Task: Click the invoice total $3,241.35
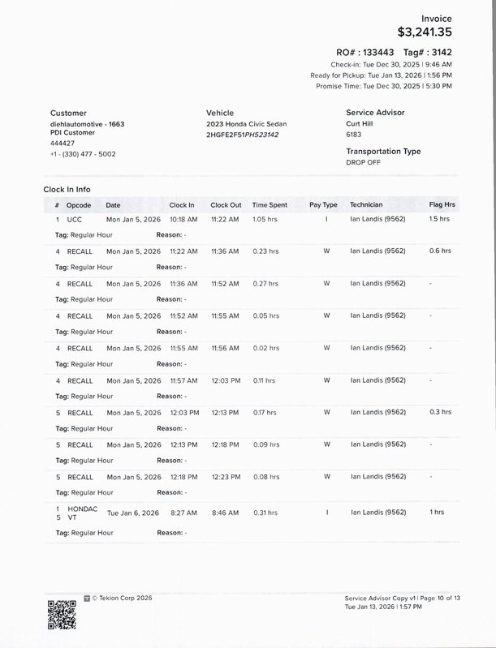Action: pyautogui.click(x=425, y=32)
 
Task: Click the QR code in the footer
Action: pyautogui.click(x=62, y=613)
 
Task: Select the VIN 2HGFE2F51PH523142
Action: pyautogui.click(x=242, y=135)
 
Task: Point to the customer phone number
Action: pyautogui.click(x=83, y=153)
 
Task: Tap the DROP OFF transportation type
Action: pyautogui.click(x=363, y=162)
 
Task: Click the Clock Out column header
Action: pyautogui.click(x=226, y=205)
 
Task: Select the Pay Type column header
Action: pyautogui.click(x=323, y=205)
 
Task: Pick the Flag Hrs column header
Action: pyautogui.click(x=442, y=205)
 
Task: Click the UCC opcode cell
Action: pyautogui.click(x=74, y=220)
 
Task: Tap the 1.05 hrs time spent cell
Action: pyautogui.click(x=265, y=220)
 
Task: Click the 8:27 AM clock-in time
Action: pyautogui.click(x=183, y=513)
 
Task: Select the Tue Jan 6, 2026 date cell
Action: pyautogui.click(x=134, y=513)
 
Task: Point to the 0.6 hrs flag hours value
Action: pyautogui.click(x=440, y=251)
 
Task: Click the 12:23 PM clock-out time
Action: pyautogui.click(x=225, y=477)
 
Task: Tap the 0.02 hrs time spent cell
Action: pyautogui.click(x=265, y=348)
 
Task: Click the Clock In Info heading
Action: pyautogui.click(x=67, y=189)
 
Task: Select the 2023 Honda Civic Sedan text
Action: pyautogui.click(x=246, y=124)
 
